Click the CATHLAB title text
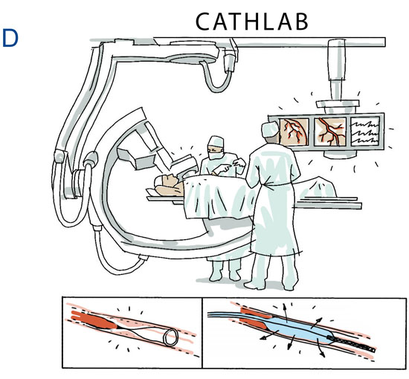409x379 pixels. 252,22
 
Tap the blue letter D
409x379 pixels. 10,38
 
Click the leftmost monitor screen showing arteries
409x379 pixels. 294,132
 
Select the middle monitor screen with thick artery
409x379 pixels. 330,132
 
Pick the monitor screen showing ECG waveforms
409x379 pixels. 364,132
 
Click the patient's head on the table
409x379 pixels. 167,186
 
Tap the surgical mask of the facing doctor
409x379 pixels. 216,155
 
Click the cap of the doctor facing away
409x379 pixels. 270,129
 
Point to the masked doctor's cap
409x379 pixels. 216,142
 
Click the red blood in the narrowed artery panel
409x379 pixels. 94,320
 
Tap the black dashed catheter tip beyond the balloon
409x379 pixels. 352,343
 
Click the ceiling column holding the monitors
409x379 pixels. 336,71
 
